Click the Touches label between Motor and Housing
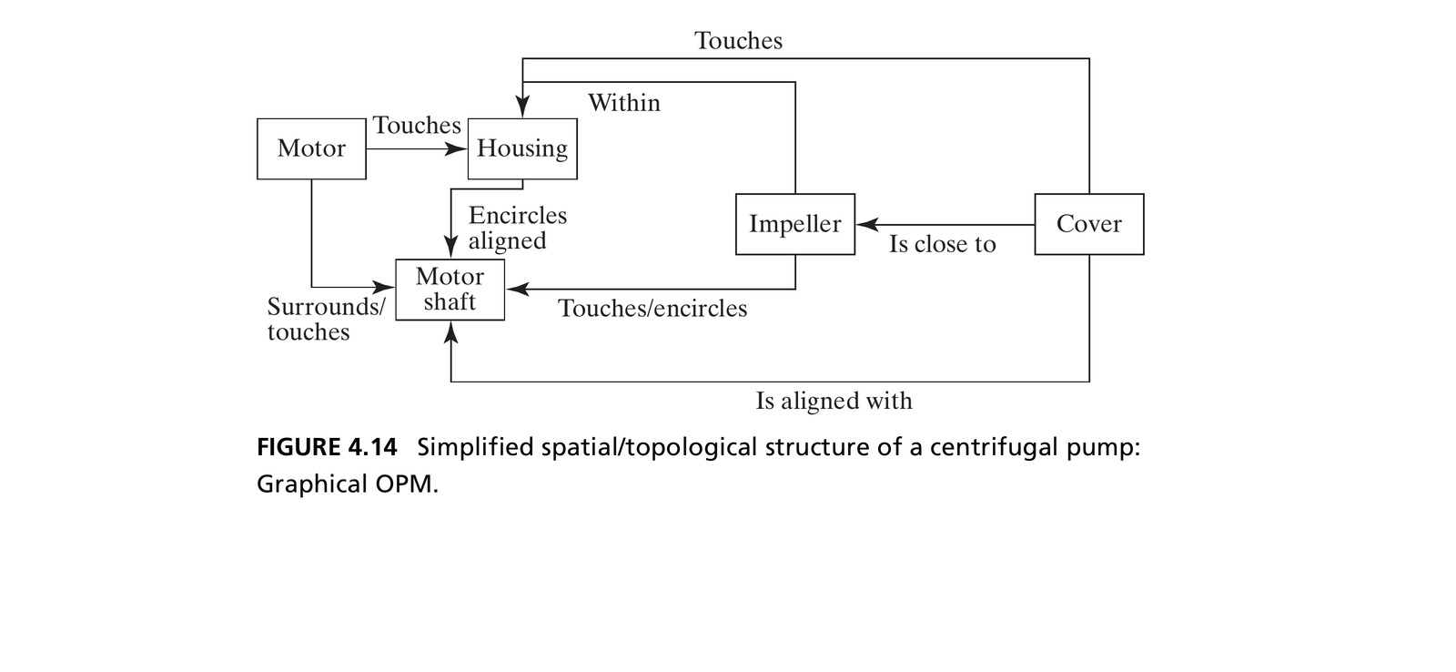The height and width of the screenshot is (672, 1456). (x=417, y=125)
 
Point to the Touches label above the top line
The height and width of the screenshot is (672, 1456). (x=738, y=40)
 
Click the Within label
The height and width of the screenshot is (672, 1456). (x=624, y=103)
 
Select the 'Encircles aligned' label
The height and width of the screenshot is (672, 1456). (x=518, y=228)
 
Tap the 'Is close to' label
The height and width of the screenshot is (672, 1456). (x=943, y=244)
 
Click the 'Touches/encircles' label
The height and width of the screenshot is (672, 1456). (x=652, y=309)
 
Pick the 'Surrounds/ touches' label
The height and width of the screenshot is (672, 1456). (x=327, y=319)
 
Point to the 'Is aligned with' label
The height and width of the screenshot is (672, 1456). (x=834, y=401)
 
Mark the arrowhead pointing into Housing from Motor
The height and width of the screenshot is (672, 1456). (x=456, y=149)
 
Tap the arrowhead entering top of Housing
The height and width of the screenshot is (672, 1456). (x=522, y=107)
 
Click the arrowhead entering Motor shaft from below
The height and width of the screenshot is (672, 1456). (x=450, y=332)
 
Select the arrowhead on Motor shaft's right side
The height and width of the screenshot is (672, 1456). (x=517, y=290)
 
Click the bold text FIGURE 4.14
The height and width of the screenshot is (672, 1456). (x=327, y=448)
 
